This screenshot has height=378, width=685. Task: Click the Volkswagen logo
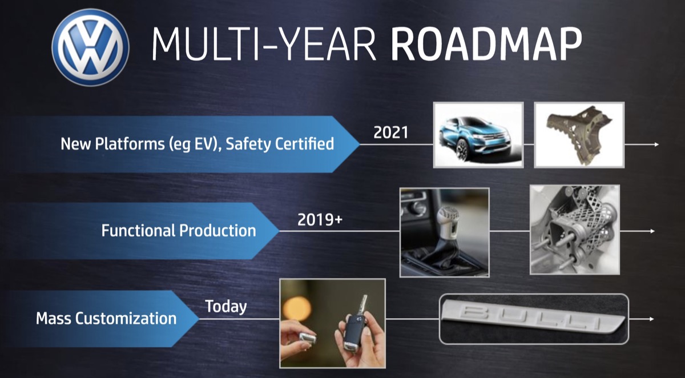pyautogui.click(x=91, y=47)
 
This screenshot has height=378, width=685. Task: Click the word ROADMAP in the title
pyautogui.click(x=486, y=45)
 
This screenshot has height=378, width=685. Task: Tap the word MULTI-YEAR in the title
pyautogui.click(x=264, y=45)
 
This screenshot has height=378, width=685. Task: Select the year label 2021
pyautogui.click(x=391, y=132)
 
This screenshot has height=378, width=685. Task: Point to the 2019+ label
pyautogui.click(x=320, y=220)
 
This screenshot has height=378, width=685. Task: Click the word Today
pyautogui.click(x=226, y=307)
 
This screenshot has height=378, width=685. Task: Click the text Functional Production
pyautogui.click(x=179, y=231)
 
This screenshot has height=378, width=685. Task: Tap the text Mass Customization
pyautogui.click(x=106, y=319)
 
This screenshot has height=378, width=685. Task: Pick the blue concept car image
pyautogui.click(x=478, y=135)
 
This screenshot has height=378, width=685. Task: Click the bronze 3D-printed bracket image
pyautogui.click(x=579, y=135)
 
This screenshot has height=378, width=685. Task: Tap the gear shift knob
pyautogui.click(x=447, y=221)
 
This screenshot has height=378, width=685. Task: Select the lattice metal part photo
pyautogui.click(x=575, y=230)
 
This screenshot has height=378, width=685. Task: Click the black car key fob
pyautogui.click(x=356, y=332)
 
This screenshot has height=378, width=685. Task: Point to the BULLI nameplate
pyautogui.click(x=534, y=315)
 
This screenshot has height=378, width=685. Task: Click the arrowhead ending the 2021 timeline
pyautogui.click(x=656, y=144)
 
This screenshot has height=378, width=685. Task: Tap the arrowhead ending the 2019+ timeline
pyautogui.click(x=652, y=231)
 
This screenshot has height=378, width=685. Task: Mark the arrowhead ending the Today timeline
pyautogui.click(x=652, y=319)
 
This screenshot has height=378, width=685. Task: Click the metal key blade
pyautogui.click(x=363, y=305)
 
